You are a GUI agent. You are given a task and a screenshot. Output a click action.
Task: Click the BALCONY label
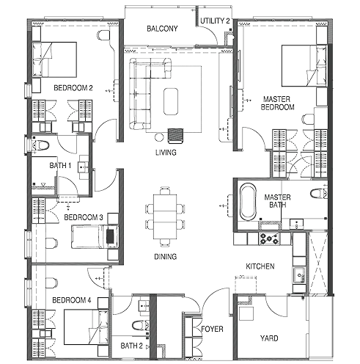[162, 29]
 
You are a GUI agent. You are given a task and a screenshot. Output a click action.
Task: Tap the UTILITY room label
[216, 21]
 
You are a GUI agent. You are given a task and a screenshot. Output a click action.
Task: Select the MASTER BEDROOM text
[278, 103]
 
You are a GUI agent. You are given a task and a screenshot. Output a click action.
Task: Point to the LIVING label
[166, 153]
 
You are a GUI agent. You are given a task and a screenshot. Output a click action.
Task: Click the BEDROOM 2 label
[72, 88]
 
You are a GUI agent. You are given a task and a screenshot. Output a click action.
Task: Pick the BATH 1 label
[60, 166]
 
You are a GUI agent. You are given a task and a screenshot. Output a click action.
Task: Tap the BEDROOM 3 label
[83, 218]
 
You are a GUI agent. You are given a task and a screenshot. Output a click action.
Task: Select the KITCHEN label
[260, 266]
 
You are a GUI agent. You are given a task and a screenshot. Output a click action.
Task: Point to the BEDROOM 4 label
[71, 301]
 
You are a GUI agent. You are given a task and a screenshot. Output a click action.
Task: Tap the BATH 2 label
[131, 345]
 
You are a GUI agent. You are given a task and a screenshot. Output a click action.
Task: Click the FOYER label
[213, 330]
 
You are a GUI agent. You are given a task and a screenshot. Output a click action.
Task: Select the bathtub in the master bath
[246, 203]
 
